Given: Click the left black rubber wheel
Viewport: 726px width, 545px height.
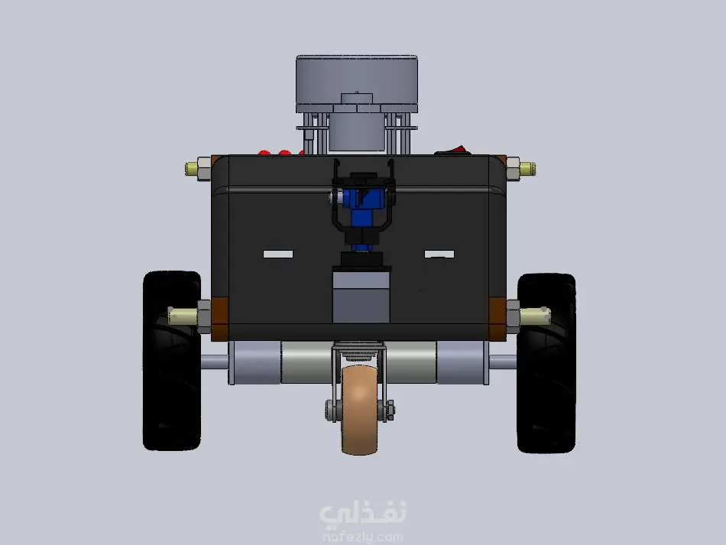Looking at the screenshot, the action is [172, 361].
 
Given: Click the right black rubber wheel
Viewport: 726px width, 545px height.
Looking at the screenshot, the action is [546, 363].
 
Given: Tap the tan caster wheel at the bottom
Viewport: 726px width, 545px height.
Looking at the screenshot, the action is [359, 410].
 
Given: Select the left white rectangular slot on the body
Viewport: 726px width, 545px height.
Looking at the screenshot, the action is [278, 254].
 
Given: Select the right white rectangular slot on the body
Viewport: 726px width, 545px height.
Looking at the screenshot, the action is [439, 254].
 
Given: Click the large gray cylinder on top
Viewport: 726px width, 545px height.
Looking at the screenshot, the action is [357, 84].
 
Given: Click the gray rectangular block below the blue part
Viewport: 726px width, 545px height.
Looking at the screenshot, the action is [361, 297].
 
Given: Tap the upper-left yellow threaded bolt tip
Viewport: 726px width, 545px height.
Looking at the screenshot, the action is [191, 169].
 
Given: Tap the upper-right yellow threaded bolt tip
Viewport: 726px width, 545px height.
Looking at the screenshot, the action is [528, 169].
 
